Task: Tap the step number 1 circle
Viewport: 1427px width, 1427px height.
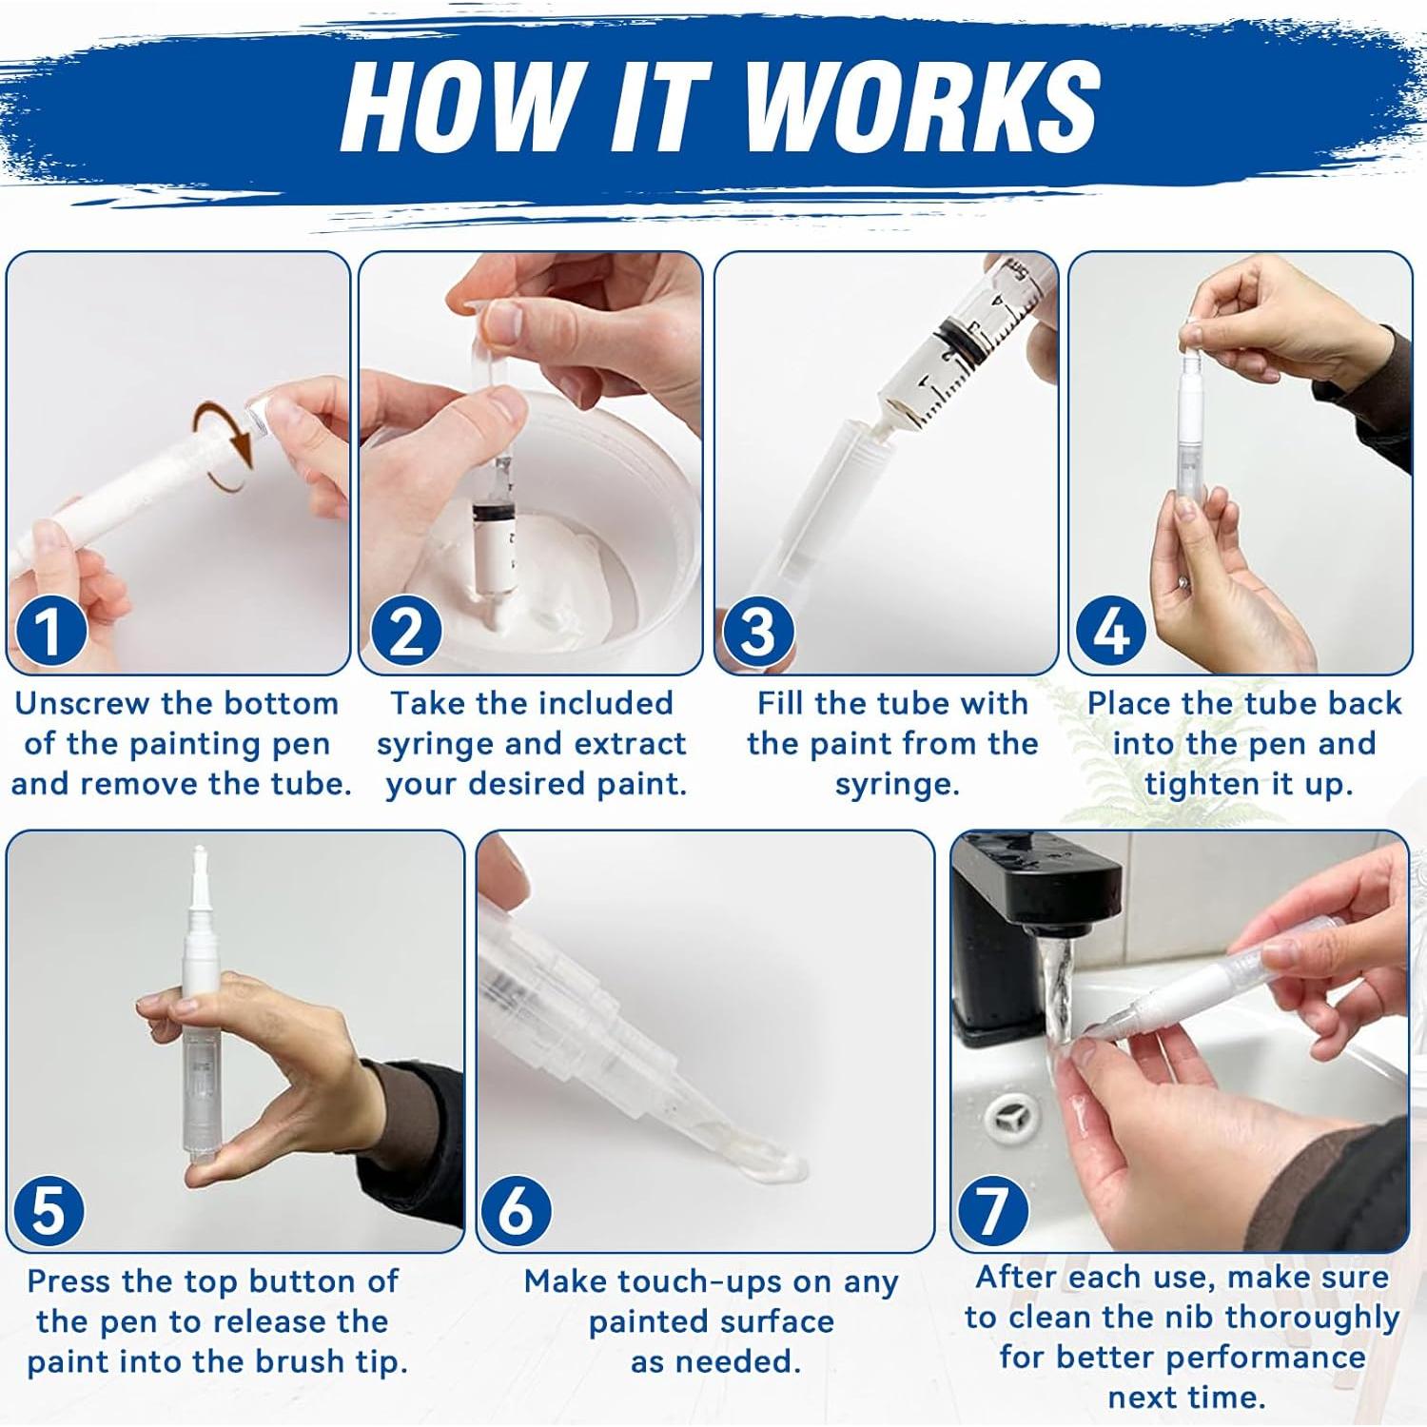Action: [x=48, y=632]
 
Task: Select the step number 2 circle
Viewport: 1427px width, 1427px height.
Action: [x=406, y=632]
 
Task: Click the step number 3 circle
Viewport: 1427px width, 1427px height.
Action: [x=758, y=632]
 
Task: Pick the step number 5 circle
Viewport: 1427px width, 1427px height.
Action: [x=49, y=1210]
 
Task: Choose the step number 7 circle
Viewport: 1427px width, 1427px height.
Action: [x=992, y=1210]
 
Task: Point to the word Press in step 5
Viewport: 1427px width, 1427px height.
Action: [x=69, y=1280]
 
